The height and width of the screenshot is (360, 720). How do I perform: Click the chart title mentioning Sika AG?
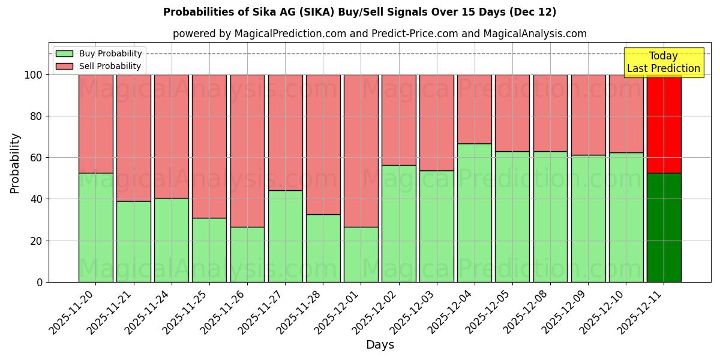click(x=359, y=12)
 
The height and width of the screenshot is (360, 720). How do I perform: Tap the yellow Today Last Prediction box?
click(x=663, y=62)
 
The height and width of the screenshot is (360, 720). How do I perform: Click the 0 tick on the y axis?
click(x=40, y=282)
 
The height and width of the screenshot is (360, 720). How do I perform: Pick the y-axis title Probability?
click(x=15, y=163)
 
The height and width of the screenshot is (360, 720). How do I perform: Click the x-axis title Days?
click(x=380, y=345)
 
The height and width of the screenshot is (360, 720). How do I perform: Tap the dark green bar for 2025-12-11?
click(x=664, y=227)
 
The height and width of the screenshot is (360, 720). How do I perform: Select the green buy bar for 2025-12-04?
click(x=474, y=213)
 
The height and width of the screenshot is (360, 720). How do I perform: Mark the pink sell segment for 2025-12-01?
click(x=361, y=151)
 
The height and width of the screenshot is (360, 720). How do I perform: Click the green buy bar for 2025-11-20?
click(x=95, y=227)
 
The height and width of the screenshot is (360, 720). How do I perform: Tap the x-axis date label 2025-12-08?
click(x=528, y=311)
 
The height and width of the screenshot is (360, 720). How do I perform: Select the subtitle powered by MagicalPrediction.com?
click(x=379, y=34)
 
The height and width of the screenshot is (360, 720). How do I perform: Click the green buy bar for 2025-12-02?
click(x=398, y=223)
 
